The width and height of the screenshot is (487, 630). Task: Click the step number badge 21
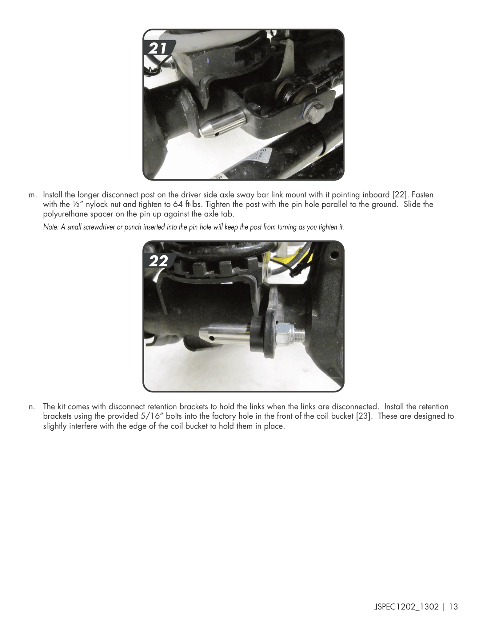click(x=159, y=48)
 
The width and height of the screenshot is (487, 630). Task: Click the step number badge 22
click(x=159, y=261)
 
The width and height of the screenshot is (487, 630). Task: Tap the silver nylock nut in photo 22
click(x=283, y=333)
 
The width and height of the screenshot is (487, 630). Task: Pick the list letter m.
click(x=32, y=195)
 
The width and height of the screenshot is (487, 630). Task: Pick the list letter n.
click(x=31, y=407)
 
